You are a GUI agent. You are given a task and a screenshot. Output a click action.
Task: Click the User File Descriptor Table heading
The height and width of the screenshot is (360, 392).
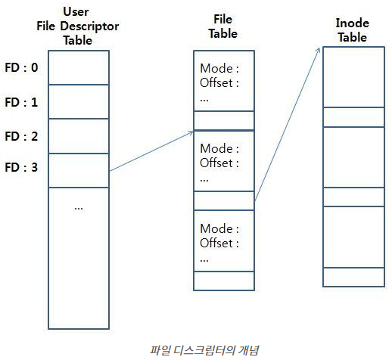click(78, 27)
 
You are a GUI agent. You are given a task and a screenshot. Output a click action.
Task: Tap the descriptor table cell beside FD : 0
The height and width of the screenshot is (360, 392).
click(79, 67)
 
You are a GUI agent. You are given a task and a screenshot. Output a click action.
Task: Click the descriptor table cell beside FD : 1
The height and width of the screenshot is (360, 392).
click(79, 101)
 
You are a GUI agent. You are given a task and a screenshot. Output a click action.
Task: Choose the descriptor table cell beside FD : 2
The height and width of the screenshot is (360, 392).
click(79, 136)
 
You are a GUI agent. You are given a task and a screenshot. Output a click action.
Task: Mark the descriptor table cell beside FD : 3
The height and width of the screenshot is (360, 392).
click(79, 169)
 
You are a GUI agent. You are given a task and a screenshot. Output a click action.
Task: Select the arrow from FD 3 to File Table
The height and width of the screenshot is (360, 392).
click(151, 151)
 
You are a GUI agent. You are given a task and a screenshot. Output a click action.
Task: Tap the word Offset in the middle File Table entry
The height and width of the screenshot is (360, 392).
click(216, 163)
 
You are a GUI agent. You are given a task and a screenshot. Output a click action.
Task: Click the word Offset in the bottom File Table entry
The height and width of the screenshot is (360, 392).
click(216, 243)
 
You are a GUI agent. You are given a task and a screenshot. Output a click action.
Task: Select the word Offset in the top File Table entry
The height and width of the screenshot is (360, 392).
click(216, 83)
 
